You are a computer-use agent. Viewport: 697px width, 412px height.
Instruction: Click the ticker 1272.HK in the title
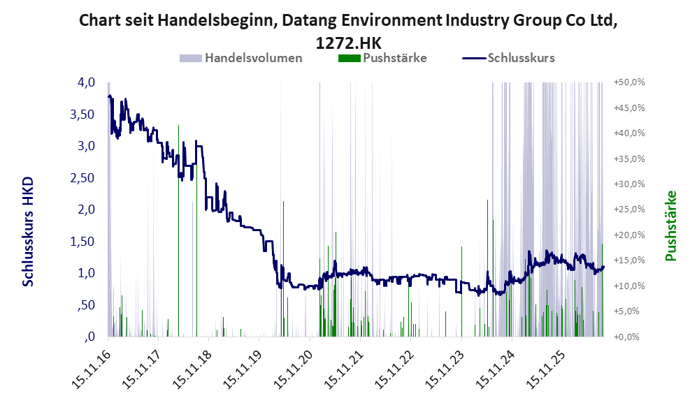click(x=348, y=43)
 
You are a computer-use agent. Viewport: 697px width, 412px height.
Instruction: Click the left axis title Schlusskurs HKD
click(x=28, y=231)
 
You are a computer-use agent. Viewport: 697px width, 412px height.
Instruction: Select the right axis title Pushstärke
click(x=670, y=226)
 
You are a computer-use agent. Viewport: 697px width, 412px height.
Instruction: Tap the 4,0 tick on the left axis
click(x=86, y=82)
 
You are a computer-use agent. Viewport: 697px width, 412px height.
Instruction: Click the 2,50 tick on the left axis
click(x=82, y=177)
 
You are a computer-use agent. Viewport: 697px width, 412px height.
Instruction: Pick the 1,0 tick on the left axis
click(x=86, y=273)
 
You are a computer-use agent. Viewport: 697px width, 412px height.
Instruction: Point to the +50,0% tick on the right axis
click(x=629, y=82)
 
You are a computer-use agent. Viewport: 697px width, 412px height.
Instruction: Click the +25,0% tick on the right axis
click(x=629, y=209)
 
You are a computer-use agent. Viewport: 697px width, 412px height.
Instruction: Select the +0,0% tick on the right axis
click(x=627, y=337)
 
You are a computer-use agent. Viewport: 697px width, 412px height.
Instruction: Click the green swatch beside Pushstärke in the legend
click(x=349, y=58)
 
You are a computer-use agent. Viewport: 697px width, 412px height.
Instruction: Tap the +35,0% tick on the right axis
click(x=629, y=159)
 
